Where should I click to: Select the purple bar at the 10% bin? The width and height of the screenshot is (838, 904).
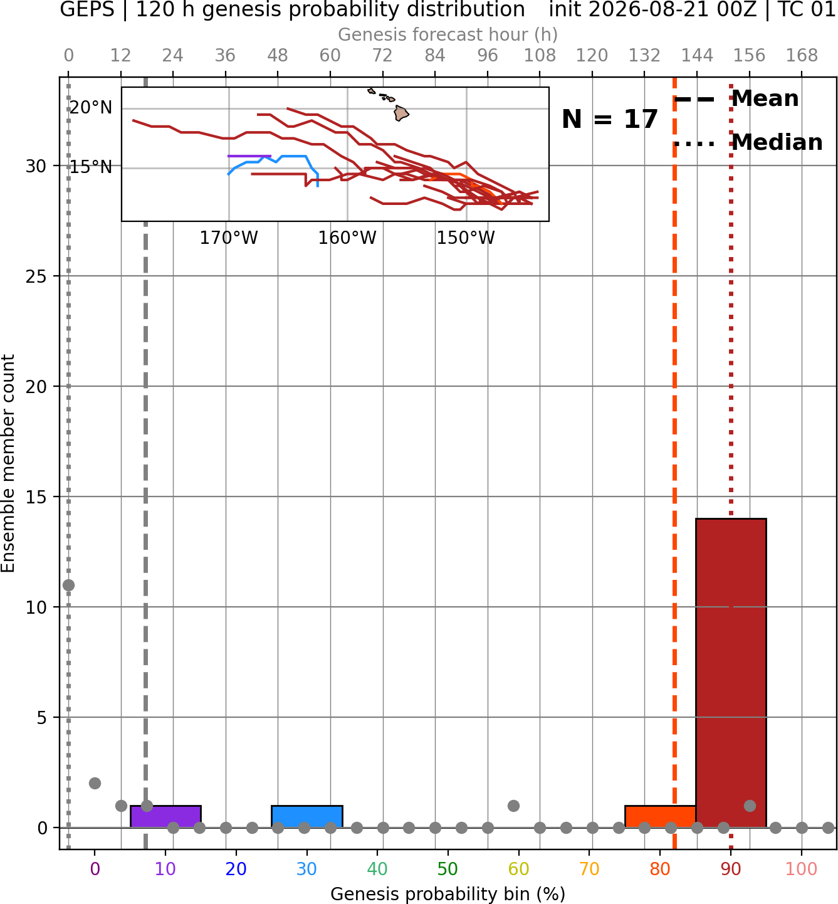point(165,816)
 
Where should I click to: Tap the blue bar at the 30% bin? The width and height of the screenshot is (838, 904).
point(306,816)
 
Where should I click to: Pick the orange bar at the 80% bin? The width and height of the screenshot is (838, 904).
point(660,816)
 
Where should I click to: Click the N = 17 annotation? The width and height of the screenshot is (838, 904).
point(609,119)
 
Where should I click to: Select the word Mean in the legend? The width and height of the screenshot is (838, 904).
point(765,98)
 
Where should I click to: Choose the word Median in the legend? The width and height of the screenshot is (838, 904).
point(777,142)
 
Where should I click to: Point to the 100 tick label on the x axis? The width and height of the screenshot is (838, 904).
point(801,869)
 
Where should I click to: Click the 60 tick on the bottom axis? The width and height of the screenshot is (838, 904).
point(518,869)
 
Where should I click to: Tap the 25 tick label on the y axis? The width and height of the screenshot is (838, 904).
point(36,276)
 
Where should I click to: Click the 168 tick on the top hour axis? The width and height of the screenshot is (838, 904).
point(802,56)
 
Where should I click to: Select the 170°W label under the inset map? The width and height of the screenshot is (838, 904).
point(229,238)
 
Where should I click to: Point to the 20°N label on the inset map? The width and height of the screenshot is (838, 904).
point(91,108)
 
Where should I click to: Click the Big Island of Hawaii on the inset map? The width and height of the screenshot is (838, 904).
point(401,113)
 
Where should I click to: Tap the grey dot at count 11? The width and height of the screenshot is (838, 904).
point(68,585)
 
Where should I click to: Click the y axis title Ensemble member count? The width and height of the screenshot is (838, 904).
point(8,463)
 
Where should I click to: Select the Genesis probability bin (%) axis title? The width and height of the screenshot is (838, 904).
point(448,894)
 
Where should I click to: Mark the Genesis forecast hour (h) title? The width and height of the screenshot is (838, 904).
point(448,34)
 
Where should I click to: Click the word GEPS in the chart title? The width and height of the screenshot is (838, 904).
point(87,9)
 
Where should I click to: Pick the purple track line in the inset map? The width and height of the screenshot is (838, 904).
point(249,156)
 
